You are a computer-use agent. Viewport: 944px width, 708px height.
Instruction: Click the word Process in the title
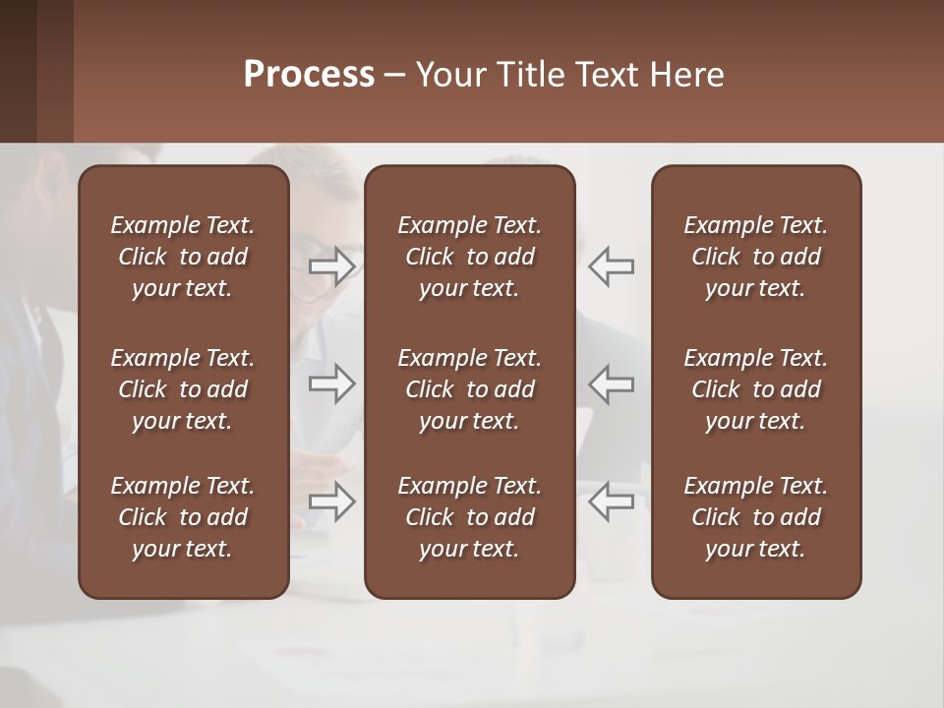coord(309,75)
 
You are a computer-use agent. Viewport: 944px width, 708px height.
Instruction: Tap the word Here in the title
coord(687,75)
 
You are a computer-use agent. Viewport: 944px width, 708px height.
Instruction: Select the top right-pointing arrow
coord(332,266)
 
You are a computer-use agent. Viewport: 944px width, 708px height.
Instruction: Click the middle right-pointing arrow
coord(332,383)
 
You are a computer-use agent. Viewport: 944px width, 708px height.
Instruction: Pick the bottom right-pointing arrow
coord(332,501)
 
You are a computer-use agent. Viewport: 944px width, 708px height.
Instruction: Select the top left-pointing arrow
coord(611,266)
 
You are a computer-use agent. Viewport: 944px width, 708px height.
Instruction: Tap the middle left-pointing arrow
coord(611,383)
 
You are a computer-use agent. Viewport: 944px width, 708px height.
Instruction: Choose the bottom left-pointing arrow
coord(611,501)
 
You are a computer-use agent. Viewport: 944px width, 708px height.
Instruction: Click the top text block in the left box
coord(183,257)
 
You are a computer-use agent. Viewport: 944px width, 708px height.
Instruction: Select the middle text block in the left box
coord(183,389)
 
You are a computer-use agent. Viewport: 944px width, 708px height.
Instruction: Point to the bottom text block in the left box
coord(183,517)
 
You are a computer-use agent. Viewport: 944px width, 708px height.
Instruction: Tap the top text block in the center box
coord(469,257)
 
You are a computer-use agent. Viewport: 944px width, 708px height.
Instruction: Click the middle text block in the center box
coord(469,389)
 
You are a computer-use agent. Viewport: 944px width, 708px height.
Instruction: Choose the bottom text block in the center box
coord(469,517)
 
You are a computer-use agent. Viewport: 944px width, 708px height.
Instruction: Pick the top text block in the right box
coord(755,257)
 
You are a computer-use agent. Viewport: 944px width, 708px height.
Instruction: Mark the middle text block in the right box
coord(755,389)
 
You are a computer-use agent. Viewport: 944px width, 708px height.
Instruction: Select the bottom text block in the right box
coord(755,517)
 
